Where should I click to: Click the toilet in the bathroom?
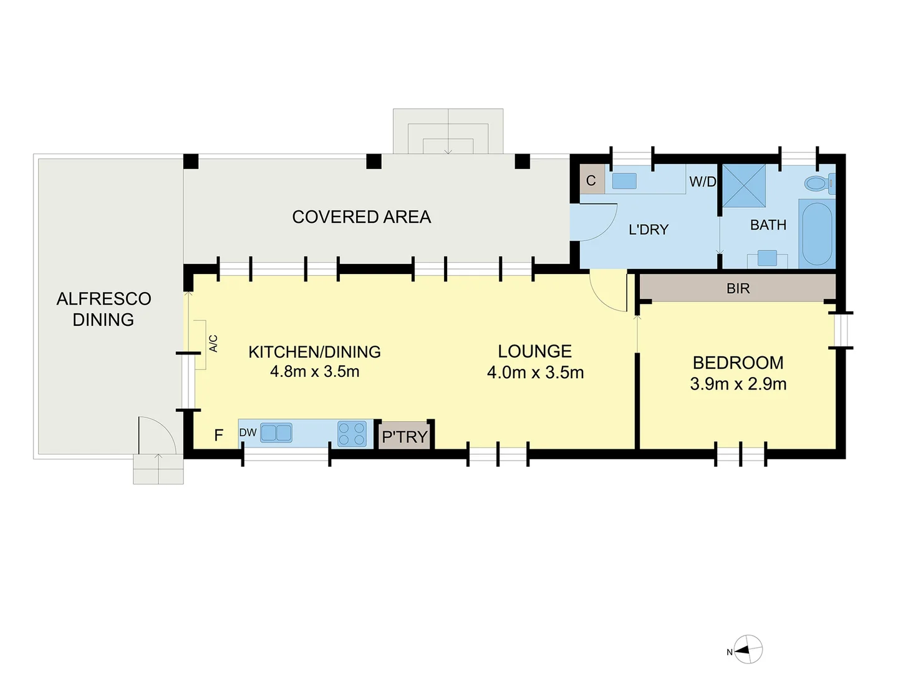click(818, 183)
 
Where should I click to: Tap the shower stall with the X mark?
click(743, 186)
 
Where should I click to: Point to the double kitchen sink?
click(276, 433)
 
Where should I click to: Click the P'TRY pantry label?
click(405, 437)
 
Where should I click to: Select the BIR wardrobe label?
click(738, 288)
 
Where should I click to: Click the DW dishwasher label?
click(248, 432)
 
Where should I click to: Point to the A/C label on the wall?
click(213, 344)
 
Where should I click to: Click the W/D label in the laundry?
click(703, 182)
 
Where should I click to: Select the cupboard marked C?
click(591, 180)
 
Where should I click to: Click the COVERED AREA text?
click(362, 217)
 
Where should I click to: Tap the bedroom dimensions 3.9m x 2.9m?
click(738, 384)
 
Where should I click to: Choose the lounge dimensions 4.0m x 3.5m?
click(535, 373)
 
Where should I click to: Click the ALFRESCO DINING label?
click(104, 309)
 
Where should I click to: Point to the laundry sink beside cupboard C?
click(624, 181)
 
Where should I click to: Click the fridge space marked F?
click(218, 435)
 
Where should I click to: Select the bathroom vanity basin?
click(767, 258)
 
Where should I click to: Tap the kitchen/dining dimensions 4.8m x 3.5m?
click(314, 371)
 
